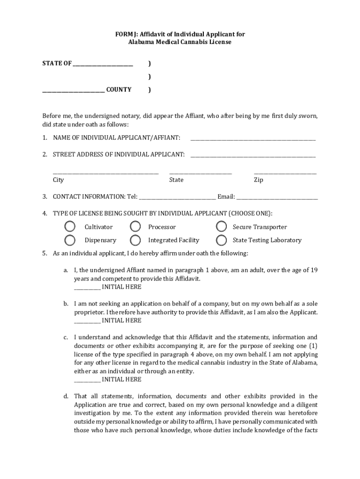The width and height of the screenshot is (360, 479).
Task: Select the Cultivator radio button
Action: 70,227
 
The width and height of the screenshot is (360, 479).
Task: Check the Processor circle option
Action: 136,227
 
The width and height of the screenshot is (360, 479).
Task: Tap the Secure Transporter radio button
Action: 221,227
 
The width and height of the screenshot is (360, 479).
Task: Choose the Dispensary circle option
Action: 70,240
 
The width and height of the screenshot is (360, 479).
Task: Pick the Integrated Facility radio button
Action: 136,240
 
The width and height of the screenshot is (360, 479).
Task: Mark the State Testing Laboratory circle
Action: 221,240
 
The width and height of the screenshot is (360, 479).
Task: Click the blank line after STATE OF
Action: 103,65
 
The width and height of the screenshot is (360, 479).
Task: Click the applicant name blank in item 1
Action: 253,139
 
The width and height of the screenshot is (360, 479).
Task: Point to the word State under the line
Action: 176,180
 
